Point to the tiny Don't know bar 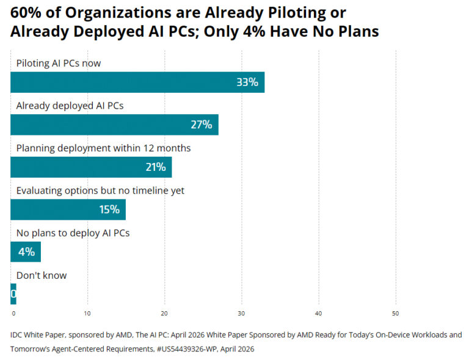pos(13,294)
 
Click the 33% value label pos(247,82)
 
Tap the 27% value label pos(201,124)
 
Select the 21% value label pos(155,167)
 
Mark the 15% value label pos(109,209)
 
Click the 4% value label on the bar pos(26,251)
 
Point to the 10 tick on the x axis pos(88,314)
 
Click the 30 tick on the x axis pos(242,314)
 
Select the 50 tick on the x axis pos(396,314)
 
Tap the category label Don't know pos(42,275)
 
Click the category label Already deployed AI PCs pos(70,106)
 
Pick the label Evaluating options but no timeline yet pos(100,190)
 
